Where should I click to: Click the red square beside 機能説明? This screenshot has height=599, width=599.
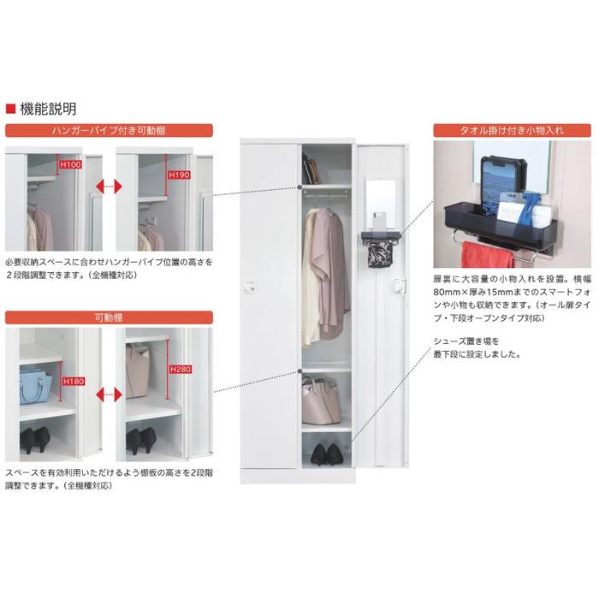pyautogui.click(x=10, y=109)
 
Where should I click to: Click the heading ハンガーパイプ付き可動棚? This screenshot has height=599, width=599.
pyautogui.click(x=109, y=131)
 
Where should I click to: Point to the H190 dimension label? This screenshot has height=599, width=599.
pyautogui.click(x=179, y=175)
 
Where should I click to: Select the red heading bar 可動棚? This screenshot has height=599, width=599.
pyautogui.click(x=109, y=317)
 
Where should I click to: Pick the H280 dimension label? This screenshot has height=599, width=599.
pyautogui.click(x=178, y=370)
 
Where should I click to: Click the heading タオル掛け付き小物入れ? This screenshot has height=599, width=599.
pyautogui.click(x=512, y=131)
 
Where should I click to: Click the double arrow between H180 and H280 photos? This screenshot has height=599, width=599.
pyautogui.click(x=108, y=394)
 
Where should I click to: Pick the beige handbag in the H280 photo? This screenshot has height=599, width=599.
pyautogui.click(x=138, y=368)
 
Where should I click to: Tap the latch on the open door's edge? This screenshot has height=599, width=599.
pyautogui.click(x=398, y=286)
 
